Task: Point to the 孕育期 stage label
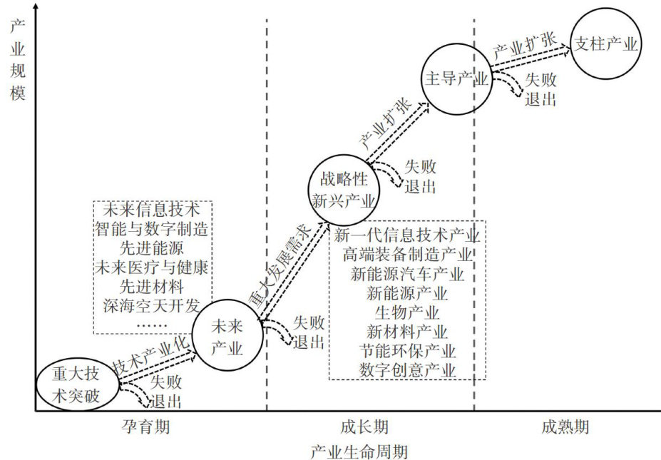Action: [146, 427]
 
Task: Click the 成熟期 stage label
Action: [565, 427]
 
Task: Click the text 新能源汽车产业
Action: [407, 274]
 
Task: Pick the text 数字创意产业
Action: [407, 369]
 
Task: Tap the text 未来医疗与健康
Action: [151, 267]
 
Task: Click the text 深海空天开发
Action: [151, 306]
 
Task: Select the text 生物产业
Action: [407, 312]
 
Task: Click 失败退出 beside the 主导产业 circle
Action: [540, 89]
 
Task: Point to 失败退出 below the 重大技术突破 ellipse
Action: [165, 391]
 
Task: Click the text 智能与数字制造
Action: [151, 229]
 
